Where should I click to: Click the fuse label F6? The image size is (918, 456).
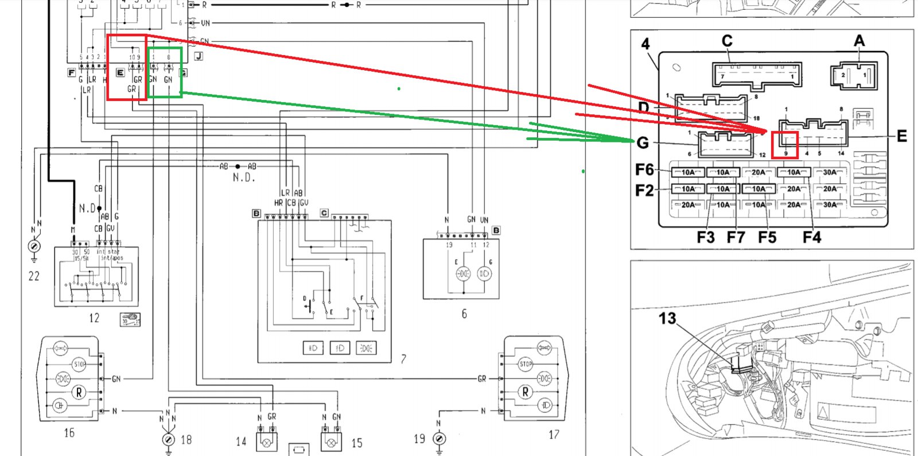coord(644,169)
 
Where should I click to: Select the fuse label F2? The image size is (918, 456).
coord(644,190)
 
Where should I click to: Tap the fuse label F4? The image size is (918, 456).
coord(812,237)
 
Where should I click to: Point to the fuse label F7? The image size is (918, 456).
coord(736,237)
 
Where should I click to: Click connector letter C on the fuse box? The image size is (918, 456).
coord(727,41)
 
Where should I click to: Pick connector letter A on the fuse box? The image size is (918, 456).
coord(859,41)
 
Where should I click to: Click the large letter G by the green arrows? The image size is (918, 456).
coord(643,142)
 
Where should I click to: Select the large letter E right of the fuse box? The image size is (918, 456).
coord(902,136)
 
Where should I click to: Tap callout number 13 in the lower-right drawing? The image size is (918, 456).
coord(667,319)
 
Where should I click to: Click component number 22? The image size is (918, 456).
coord(34,276)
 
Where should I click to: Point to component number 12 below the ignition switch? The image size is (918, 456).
coord(94,318)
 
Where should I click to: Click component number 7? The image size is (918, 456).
coord(403,359)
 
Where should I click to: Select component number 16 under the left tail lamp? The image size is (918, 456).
coord(69,432)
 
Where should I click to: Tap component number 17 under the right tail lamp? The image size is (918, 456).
coord(554,435)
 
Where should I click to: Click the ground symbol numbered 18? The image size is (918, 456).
coord(169,440)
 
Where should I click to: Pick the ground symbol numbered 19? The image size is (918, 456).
coord(439,439)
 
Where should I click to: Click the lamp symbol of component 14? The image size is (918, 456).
coord(267,443)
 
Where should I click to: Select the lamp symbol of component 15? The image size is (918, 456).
coord(331,443)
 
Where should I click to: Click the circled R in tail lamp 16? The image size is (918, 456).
coord(79,393)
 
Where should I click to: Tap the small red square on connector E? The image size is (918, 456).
coord(785,145)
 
